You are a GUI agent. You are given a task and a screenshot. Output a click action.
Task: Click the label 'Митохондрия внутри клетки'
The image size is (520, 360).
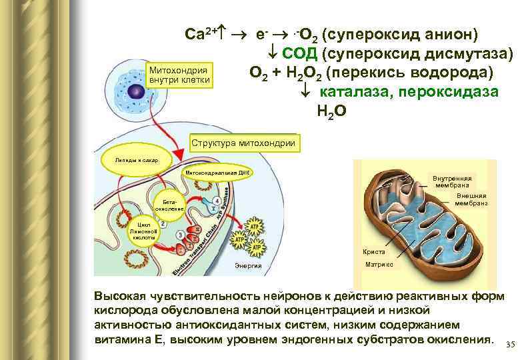tap(179, 75)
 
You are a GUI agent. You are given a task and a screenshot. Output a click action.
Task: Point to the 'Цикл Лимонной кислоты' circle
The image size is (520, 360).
tap(143, 228)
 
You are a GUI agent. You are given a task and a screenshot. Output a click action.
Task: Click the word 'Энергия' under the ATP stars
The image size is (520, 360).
tap(249, 267)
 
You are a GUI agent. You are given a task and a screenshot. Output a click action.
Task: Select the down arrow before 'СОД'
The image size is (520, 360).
tap(273, 54)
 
